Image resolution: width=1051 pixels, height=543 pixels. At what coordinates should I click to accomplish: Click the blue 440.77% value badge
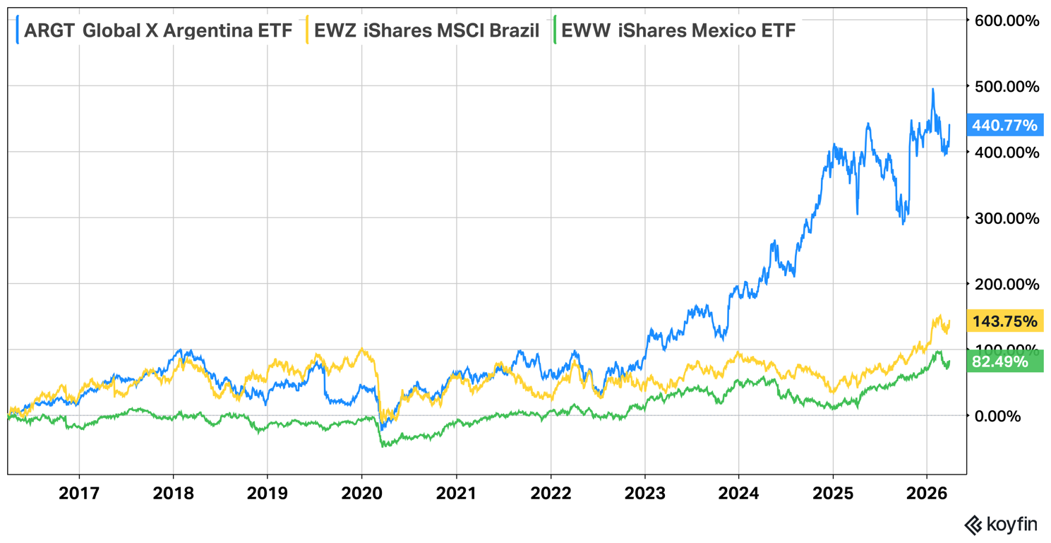click(1004, 126)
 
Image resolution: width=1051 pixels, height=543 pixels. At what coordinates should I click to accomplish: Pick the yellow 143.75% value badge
click(1004, 321)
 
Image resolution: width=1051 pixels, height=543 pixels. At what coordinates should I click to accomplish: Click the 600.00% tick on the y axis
click(1006, 20)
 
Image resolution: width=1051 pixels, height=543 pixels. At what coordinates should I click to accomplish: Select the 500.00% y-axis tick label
click(1006, 86)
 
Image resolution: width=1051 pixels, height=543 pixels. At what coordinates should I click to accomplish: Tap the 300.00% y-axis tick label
click(1006, 218)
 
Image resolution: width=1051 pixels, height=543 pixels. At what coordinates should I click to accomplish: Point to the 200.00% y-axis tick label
click(1006, 284)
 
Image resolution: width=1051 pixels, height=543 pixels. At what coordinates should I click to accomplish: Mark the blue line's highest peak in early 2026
click(933, 89)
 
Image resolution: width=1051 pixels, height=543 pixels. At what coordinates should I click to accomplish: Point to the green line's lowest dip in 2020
click(382, 446)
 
